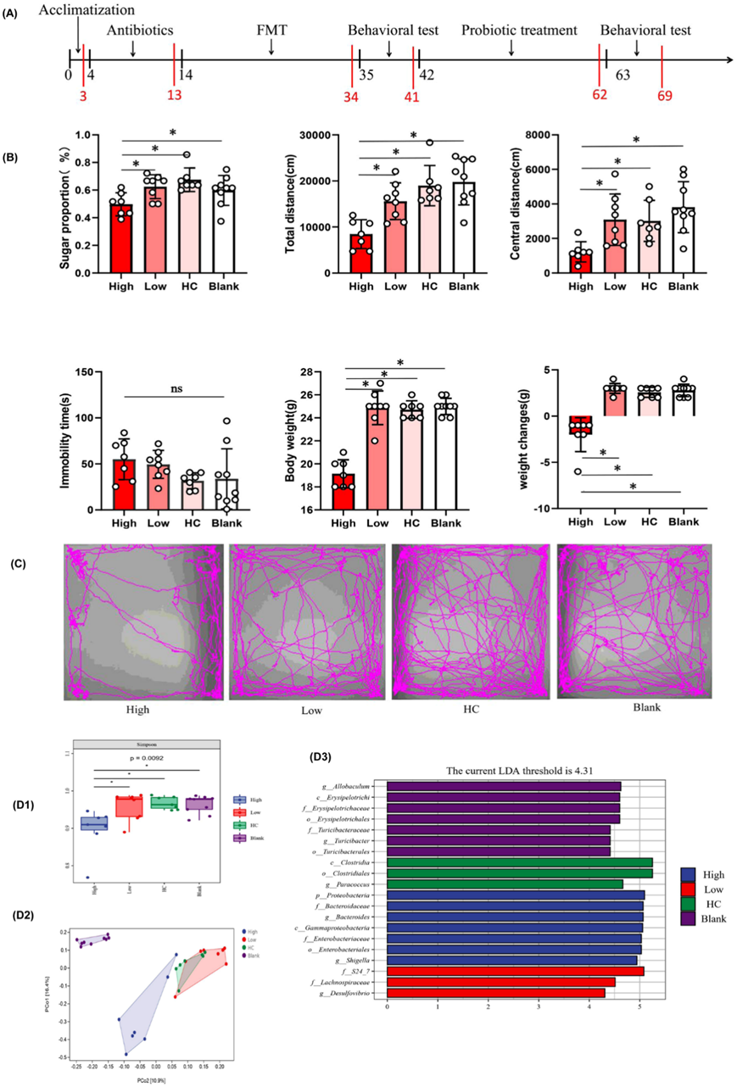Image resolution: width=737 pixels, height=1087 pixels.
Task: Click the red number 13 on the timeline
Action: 175,95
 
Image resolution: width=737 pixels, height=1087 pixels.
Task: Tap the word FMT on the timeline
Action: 272,31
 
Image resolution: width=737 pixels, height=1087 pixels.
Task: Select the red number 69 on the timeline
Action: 665,96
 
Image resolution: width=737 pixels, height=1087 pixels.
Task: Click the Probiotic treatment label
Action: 519,31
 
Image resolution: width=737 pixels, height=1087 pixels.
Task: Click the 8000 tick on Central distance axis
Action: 539,135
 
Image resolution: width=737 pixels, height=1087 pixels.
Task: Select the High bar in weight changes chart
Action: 581,425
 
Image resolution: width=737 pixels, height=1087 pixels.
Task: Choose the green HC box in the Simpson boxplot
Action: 161,802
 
